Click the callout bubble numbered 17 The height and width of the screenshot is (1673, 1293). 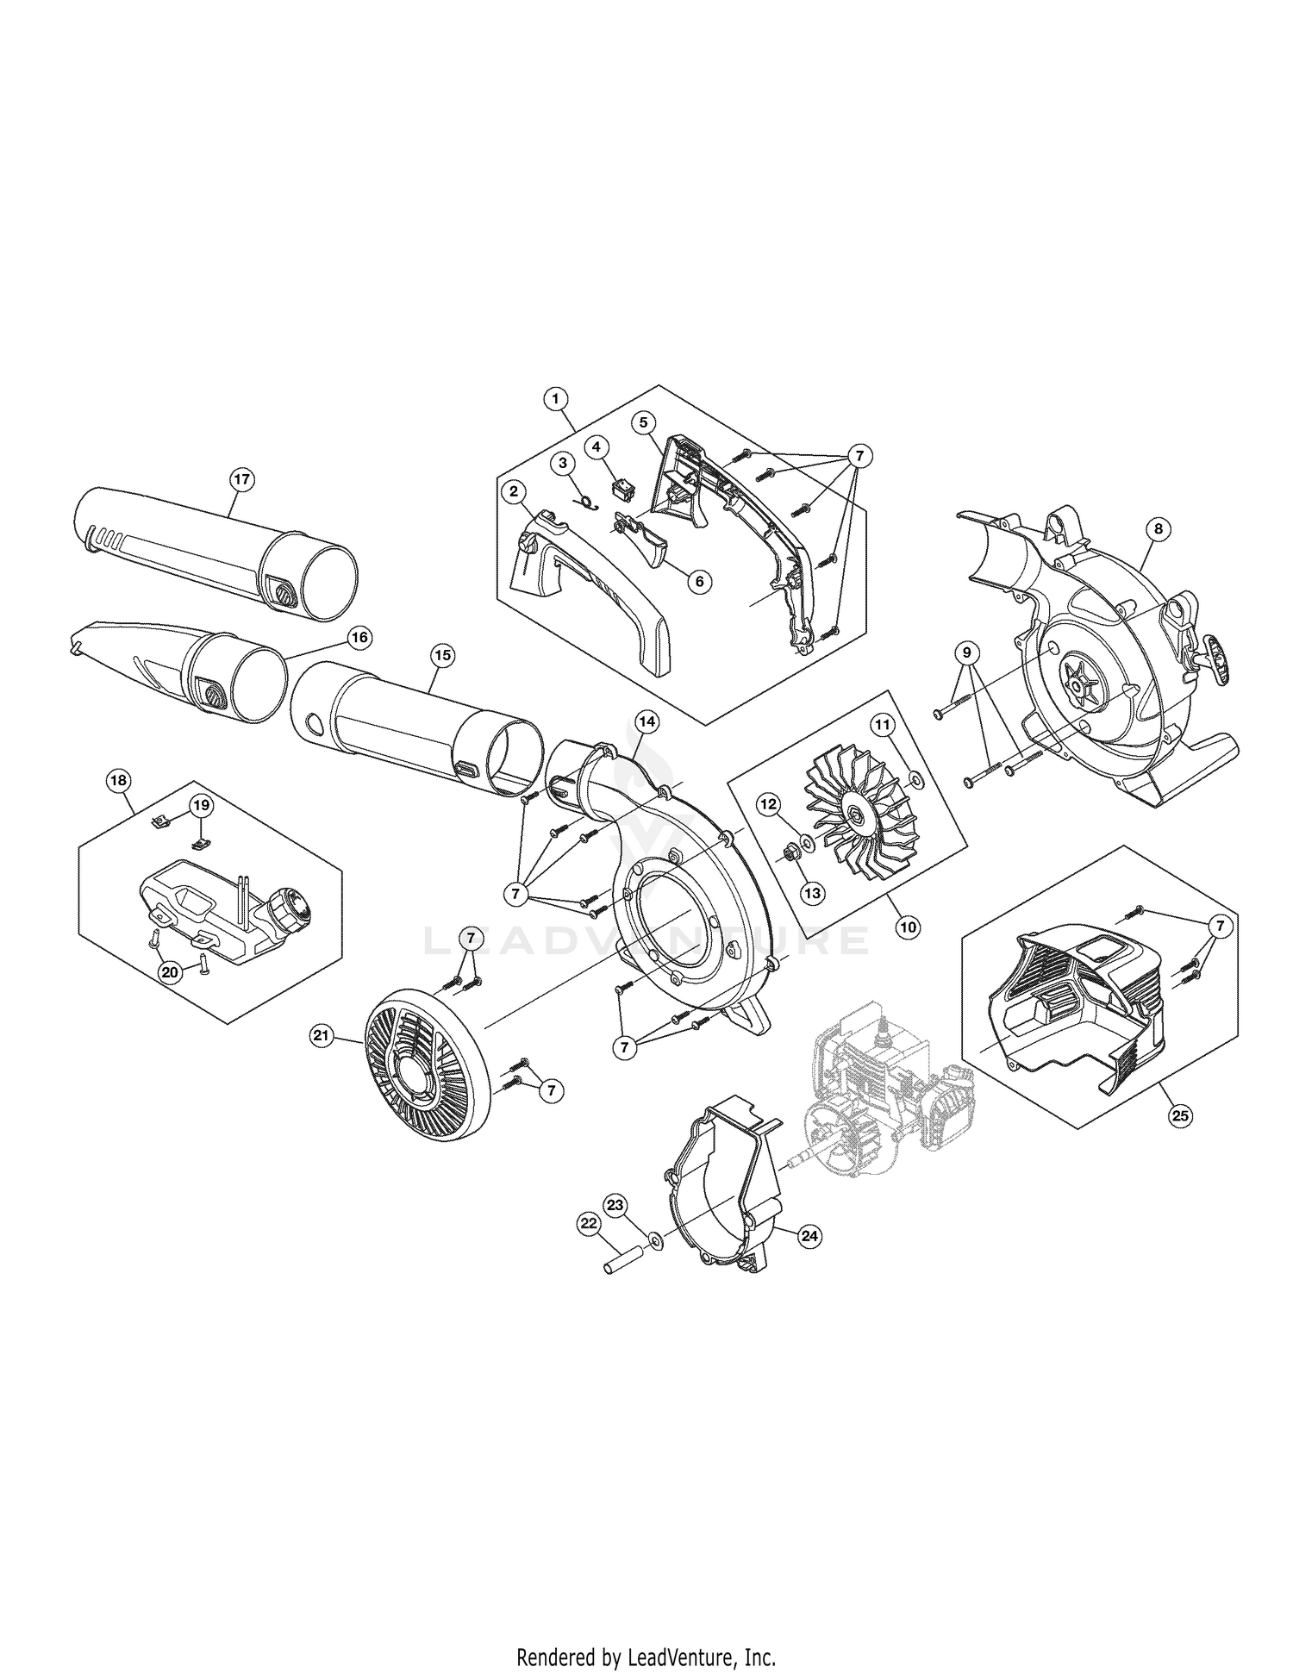pos(242,480)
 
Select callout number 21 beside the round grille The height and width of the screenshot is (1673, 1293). pos(322,1038)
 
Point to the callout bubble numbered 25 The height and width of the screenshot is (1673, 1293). pos(1180,1115)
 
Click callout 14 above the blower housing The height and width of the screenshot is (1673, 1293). pos(646,718)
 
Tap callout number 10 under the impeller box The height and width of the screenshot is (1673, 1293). pos(907,927)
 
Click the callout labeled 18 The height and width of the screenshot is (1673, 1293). pos(118,781)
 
